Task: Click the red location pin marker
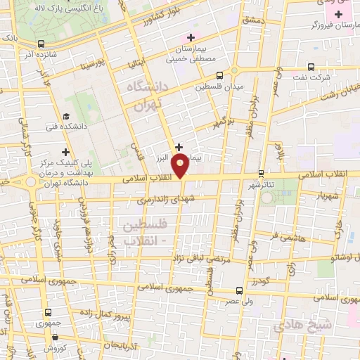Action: tap(181, 166)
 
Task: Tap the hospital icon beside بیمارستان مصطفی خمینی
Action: tap(188, 37)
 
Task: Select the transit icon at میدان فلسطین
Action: tap(221, 75)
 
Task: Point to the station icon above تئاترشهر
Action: tap(261, 172)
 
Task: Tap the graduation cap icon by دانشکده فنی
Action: tap(66, 117)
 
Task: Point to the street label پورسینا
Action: tap(92, 65)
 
